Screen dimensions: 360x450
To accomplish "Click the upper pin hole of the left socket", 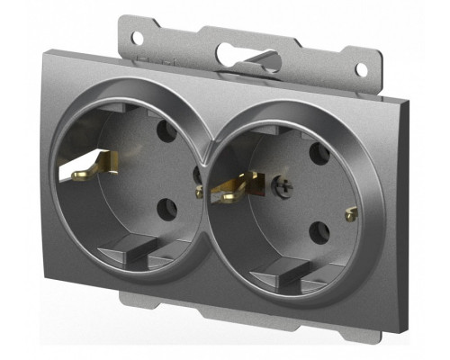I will tap(166, 130).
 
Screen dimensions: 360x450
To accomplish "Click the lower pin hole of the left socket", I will tap(166, 209).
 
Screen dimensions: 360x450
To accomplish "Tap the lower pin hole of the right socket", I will tap(319, 232).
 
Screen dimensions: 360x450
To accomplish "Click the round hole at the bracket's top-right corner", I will tap(361, 69).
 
